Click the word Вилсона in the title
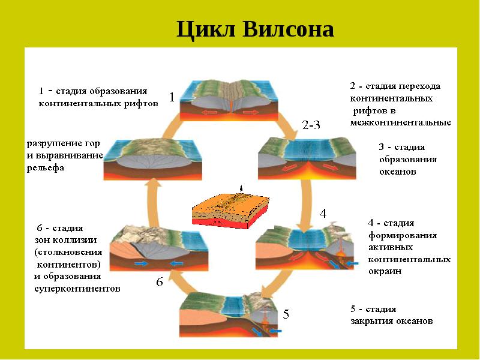click(x=287, y=29)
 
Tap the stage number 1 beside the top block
click(x=172, y=97)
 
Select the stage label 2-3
click(x=311, y=125)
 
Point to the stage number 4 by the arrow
click(x=323, y=213)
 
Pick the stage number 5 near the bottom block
click(x=286, y=314)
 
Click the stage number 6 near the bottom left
click(x=160, y=281)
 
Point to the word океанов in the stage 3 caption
click(x=397, y=171)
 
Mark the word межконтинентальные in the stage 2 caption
click(x=401, y=122)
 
